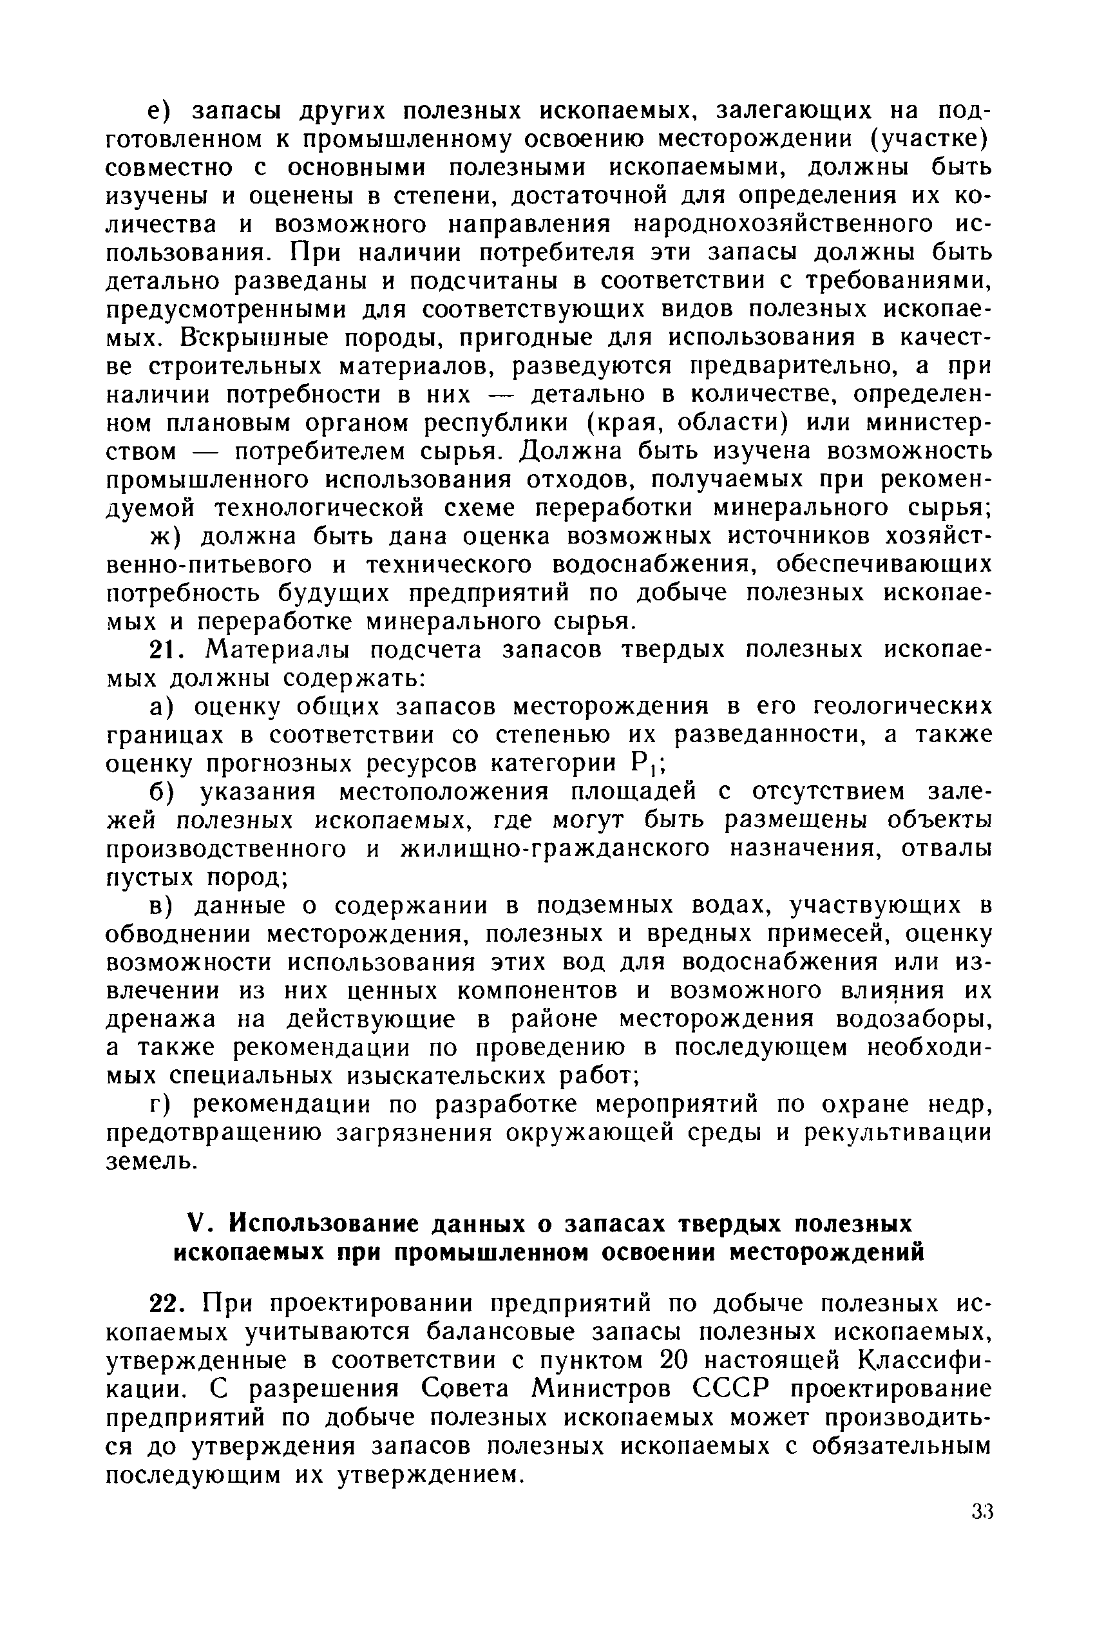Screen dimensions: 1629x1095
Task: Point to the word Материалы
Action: click(x=283, y=650)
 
